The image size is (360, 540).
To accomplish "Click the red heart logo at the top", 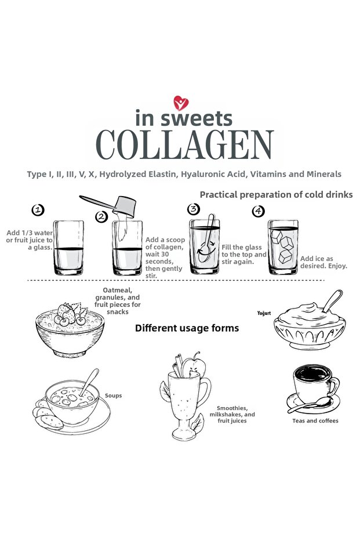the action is point(181,103).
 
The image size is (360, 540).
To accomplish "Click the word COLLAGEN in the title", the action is point(185,145).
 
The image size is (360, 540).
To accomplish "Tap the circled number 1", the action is point(38,210).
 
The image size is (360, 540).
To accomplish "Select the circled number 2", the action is point(101,216).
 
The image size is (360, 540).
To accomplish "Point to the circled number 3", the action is point(194,209).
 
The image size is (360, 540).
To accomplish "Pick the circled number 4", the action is point(258,211).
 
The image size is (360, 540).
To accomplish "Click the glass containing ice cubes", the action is point(283,247).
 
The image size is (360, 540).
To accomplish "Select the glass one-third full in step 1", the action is point(68,248).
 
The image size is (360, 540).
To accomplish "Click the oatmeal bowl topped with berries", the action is point(70,330).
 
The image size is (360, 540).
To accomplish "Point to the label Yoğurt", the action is point(264,313).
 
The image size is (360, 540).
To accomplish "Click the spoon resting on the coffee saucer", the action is point(309,405).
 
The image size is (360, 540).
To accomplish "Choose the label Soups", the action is point(113,396).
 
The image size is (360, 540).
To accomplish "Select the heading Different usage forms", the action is point(187,328).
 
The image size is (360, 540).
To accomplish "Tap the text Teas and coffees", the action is point(315,421).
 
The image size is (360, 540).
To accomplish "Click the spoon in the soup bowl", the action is point(89,382).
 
